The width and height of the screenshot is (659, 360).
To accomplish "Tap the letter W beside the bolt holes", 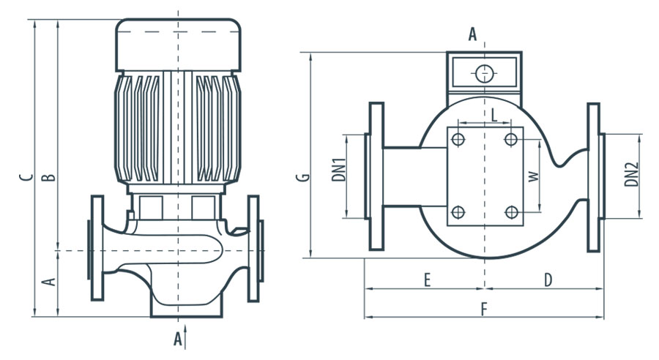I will point(533,176).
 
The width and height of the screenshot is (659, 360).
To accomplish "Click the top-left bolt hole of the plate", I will point(458,140).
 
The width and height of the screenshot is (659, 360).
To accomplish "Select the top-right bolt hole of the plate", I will point(511,140).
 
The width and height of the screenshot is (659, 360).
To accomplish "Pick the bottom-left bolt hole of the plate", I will point(458,212).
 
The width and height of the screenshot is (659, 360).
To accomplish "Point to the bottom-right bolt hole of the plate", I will point(511,212).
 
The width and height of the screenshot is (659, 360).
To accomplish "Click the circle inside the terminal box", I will point(484,73).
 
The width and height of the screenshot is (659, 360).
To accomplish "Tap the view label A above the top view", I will point(472,34).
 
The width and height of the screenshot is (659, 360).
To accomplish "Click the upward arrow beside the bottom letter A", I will point(187,338).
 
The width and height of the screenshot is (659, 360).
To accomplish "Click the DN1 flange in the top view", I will point(376,176).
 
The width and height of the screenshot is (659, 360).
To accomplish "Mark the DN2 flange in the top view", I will point(593,176).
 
